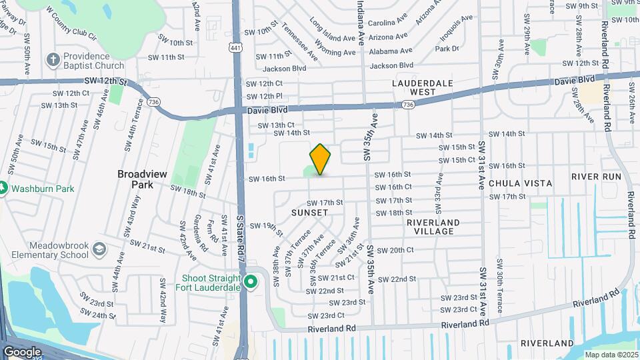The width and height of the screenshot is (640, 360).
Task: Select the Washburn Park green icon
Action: [x=3, y=189]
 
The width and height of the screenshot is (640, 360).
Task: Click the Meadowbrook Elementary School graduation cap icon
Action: [x=99, y=249]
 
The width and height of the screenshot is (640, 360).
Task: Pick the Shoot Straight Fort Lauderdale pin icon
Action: [x=251, y=281]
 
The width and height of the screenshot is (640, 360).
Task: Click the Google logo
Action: [x=23, y=351]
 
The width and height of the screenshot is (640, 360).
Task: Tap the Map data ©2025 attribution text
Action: [x=612, y=354]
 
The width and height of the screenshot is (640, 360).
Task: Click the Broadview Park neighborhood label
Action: [x=143, y=179]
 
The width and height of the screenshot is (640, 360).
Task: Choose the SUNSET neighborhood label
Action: [x=309, y=213]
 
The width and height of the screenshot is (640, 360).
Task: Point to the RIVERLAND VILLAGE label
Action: [x=433, y=227]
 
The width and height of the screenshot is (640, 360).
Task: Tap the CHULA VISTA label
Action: [x=521, y=183]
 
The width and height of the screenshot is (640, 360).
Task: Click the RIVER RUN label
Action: [x=596, y=177]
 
